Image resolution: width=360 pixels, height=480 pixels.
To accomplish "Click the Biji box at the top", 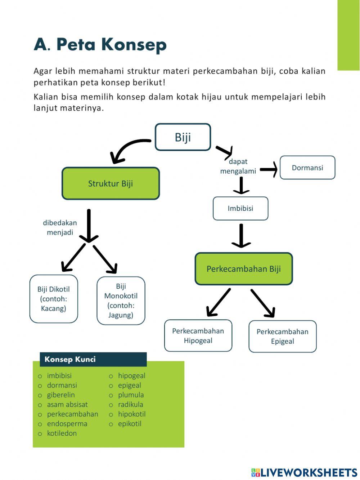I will [x=183, y=137].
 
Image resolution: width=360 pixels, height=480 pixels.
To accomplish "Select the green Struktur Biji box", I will [x=111, y=183].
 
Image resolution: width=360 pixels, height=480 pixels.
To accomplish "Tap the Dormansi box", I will [x=307, y=168].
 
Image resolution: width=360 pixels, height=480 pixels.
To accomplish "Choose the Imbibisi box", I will [x=240, y=208].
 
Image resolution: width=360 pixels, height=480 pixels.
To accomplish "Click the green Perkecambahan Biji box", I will [x=244, y=269].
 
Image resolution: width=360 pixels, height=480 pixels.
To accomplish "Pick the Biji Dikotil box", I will [x=54, y=299].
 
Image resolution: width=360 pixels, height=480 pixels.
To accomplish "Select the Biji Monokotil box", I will [x=121, y=301].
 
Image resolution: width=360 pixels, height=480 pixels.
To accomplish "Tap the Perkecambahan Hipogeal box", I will [x=198, y=335].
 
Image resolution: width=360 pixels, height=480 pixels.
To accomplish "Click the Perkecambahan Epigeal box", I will [x=282, y=336].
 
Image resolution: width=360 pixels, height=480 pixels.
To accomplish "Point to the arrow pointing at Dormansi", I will [x=269, y=169].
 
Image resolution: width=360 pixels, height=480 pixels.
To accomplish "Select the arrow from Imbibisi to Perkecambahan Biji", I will [x=241, y=236].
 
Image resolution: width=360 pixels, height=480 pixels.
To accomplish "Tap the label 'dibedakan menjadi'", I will [x=60, y=227].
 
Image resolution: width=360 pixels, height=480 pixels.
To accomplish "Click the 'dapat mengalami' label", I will [x=238, y=166].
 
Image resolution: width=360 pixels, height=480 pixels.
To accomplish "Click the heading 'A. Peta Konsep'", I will [x=100, y=45].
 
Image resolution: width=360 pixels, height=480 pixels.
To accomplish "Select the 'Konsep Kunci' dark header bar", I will [x=93, y=359].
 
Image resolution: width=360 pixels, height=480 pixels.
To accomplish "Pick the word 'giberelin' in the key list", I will [x=61, y=395].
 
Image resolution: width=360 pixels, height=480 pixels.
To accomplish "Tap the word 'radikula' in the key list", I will [x=130, y=404].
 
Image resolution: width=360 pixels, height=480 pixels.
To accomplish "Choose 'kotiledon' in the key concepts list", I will [x=62, y=433].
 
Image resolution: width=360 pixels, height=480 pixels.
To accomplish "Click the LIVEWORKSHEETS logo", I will [x=304, y=472].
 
